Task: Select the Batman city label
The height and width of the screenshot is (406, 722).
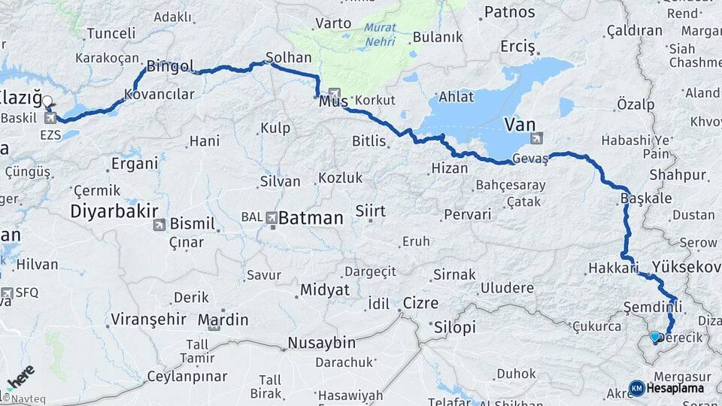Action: coord(311,219)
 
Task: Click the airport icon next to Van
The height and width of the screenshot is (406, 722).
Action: coord(536,138)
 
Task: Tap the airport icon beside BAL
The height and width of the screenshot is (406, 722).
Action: coord(271,217)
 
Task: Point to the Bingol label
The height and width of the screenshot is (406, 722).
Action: coord(170,66)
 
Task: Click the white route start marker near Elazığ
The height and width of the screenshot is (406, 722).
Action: coord(47,101)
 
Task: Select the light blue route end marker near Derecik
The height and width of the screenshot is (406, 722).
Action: coord(654,337)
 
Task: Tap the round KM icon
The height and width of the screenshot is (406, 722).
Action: coord(636,388)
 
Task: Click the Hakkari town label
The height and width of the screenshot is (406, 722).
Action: coord(612,268)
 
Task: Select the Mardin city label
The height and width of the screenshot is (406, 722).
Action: coord(223,320)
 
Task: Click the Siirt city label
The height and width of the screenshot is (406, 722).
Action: coord(370,211)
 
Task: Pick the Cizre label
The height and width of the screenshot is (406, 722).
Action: coord(420,303)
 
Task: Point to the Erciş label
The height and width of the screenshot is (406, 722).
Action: coord(517,47)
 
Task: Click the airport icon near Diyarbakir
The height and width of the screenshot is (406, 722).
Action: coord(159,225)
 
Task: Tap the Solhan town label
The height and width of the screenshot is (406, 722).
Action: coord(289,58)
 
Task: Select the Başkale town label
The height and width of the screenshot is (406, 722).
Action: coord(636,198)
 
